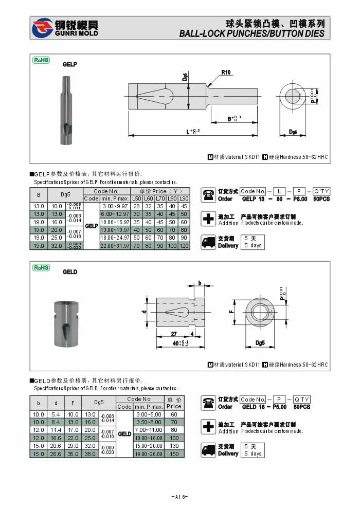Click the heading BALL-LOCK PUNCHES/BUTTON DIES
pyautogui.click(x=251, y=34)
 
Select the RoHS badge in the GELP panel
pyautogui.click(x=41, y=60)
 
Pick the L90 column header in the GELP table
pyautogui.click(x=184, y=198)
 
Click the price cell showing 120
pyautogui.click(x=184, y=246)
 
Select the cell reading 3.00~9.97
pyautogui.click(x=115, y=206)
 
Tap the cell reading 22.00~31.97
pyautogui.click(x=115, y=246)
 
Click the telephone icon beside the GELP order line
pyautogui.click(x=208, y=195)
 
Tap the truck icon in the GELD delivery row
pyautogui.click(x=208, y=450)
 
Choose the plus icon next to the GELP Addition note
pyautogui.click(x=208, y=219)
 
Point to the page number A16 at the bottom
pyautogui.click(x=179, y=497)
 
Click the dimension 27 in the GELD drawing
pyautogui.click(x=174, y=334)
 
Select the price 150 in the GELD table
pyautogui.click(x=174, y=454)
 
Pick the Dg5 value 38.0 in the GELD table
pyautogui.click(x=91, y=454)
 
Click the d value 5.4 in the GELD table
pyautogui.click(x=56, y=414)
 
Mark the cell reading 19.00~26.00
pyautogui.click(x=149, y=454)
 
